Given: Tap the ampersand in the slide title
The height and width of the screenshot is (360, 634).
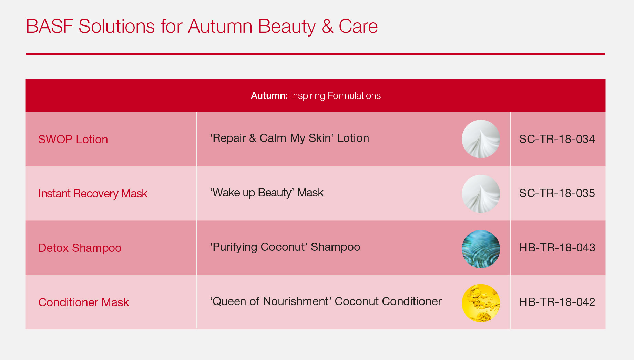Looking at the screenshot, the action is (x=327, y=27).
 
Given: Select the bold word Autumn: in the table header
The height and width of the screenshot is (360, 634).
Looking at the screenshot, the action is (x=269, y=96).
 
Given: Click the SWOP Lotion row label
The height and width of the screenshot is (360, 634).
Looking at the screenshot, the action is (x=73, y=139).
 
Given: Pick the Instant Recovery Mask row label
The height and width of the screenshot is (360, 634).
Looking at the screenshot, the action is (x=93, y=194).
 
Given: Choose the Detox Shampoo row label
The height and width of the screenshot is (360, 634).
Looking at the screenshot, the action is (x=80, y=248).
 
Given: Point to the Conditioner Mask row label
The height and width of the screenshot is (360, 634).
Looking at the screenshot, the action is (x=84, y=302).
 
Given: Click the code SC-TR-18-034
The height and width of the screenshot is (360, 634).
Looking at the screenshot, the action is (x=557, y=139).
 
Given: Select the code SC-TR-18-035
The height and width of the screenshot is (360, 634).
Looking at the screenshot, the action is (x=557, y=193).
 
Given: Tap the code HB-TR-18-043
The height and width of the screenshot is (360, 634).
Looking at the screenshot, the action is (x=557, y=248).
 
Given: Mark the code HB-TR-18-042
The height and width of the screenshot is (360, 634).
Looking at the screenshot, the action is (x=557, y=302).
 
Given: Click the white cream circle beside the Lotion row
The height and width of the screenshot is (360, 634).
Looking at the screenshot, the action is (x=481, y=139).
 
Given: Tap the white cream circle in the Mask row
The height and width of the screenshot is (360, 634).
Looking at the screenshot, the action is (x=481, y=194).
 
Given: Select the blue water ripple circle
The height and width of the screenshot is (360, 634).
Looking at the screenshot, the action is (x=481, y=249).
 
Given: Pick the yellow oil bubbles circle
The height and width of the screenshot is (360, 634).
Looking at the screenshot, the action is (x=481, y=303).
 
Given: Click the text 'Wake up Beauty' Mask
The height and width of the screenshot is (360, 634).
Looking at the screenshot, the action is (x=267, y=193).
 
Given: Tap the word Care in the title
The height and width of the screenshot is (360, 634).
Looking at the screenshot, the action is (x=358, y=27).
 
